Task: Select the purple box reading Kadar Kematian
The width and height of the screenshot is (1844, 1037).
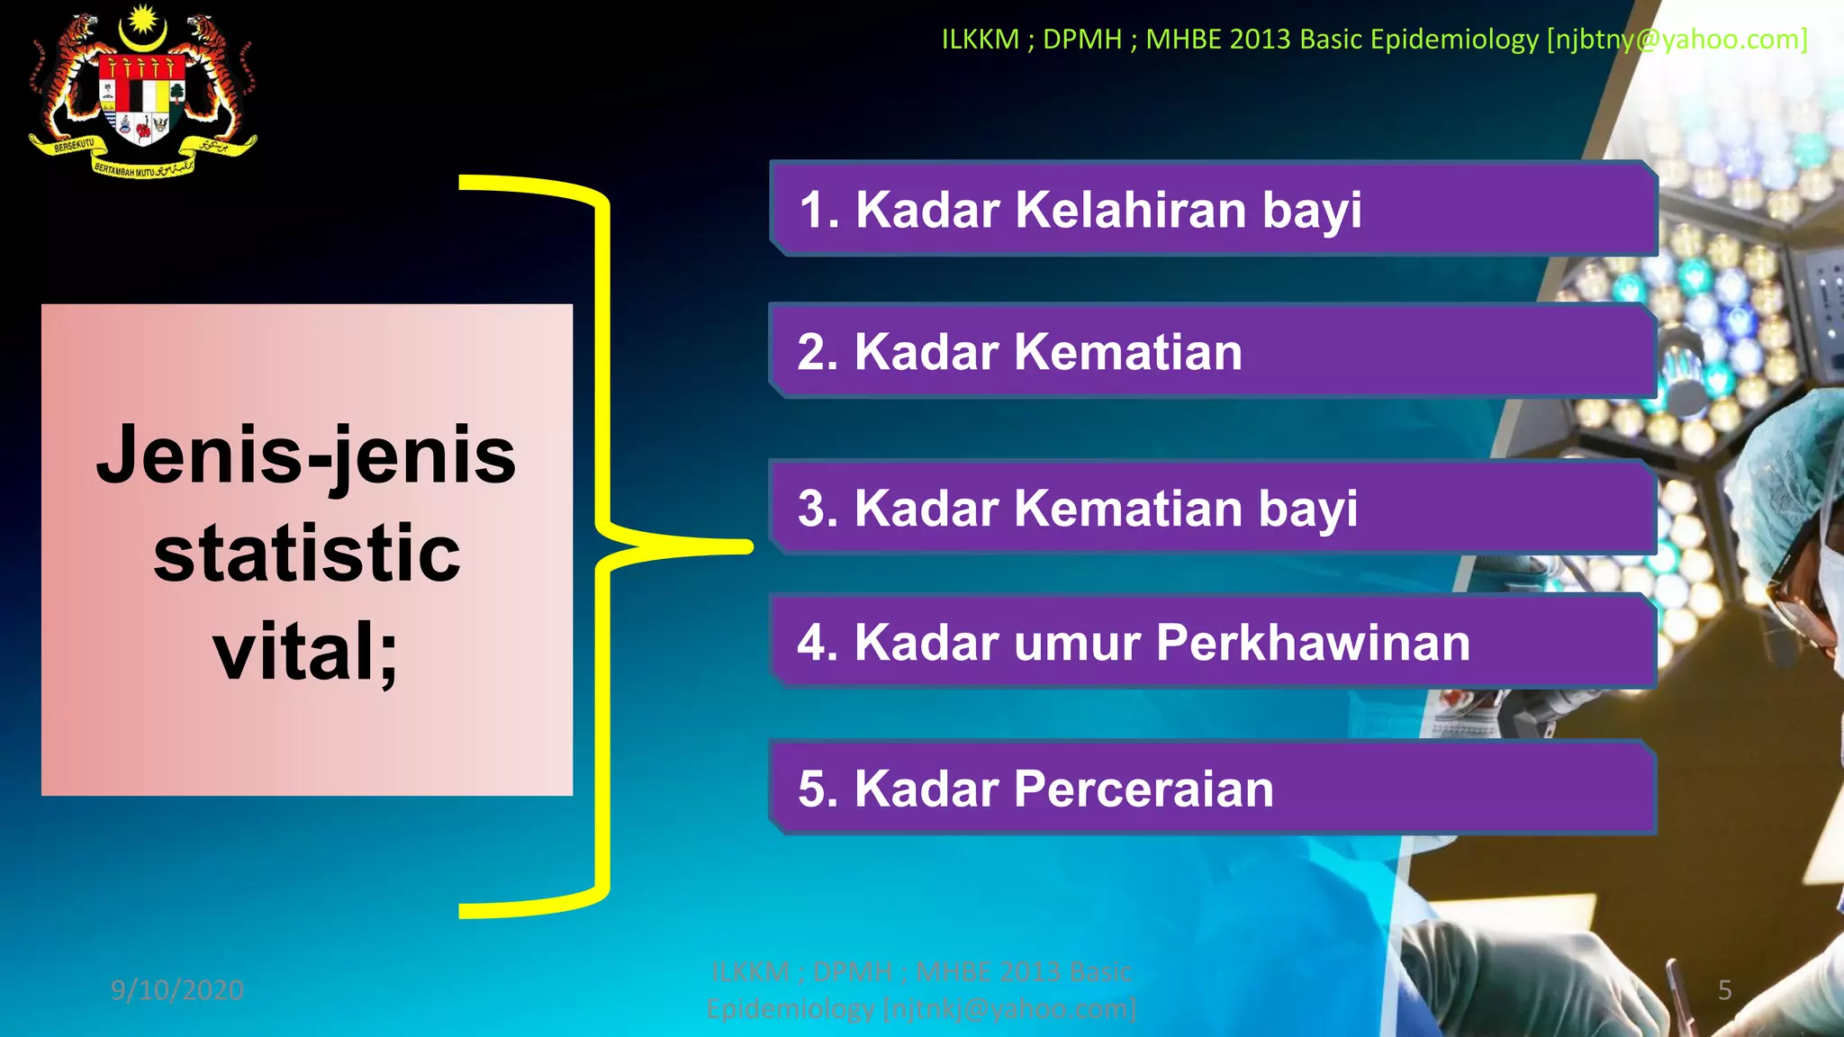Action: point(1212,351)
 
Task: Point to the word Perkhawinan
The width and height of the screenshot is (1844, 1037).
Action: point(1313,643)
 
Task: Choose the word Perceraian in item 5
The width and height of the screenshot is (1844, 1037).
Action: point(1143,789)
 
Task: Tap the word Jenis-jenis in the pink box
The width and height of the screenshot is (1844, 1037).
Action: point(306,455)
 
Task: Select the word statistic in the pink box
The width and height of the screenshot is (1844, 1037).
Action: point(306,553)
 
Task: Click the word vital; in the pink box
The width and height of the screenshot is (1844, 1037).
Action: point(306,651)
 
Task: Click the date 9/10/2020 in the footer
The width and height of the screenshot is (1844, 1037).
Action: point(177,990)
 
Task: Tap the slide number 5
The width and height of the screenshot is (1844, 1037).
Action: point(1724,990)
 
